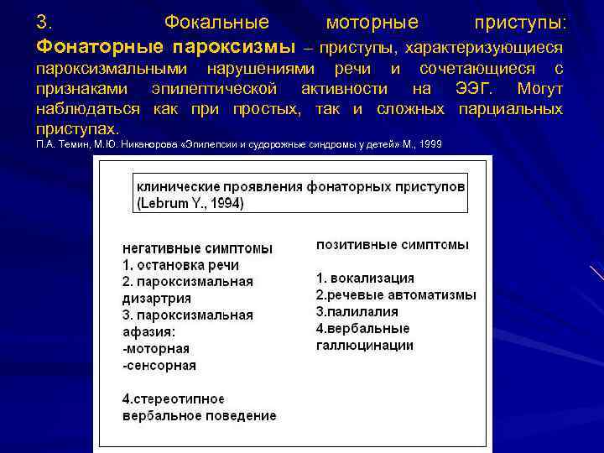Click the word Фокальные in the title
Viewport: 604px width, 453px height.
click(x=216, y=19)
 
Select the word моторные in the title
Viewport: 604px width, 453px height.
click(x=371, y=19)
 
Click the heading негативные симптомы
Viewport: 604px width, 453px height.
click(x=197, y=248)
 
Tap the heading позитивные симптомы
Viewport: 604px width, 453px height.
click(x=393, y=245)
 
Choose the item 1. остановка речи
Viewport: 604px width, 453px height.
click(x=180, y=265)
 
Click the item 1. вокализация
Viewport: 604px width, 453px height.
click(x=365, y=279)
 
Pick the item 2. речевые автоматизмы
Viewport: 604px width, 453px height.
click(x=396, y=295)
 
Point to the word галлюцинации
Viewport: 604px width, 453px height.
click(x=365, y=345)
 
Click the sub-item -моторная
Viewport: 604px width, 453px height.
click(x=156, y=349)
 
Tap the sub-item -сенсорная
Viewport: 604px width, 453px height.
click(x=159, y=366)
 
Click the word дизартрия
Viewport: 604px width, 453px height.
click(x=157, y=298)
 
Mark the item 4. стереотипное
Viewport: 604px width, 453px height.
click(x=173, y=398)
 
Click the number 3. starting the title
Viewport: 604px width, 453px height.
click(x=43, y=19)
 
